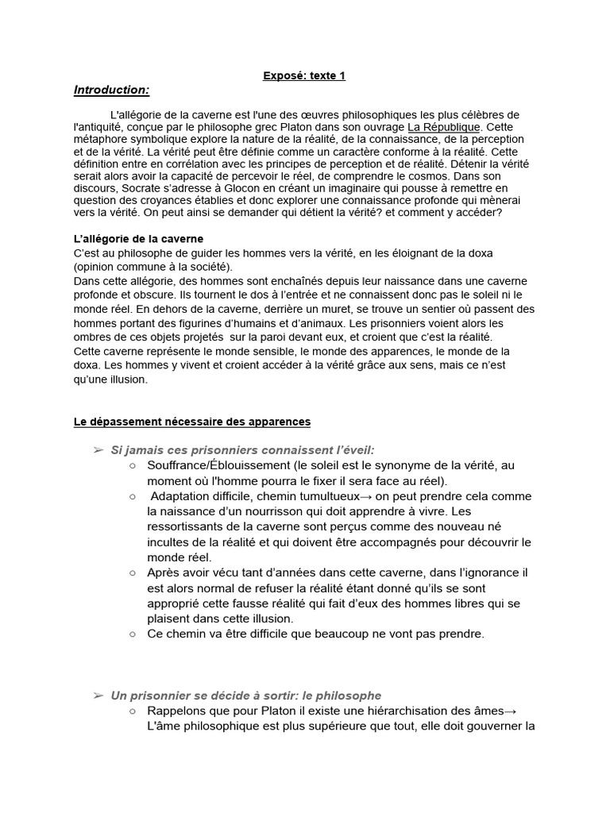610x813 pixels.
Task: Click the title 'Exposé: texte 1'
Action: coord(304,76)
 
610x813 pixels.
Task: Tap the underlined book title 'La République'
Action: coord(443,127)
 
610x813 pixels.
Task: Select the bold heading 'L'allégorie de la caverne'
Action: coord(138,239)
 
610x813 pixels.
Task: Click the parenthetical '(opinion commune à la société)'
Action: coord(148,267)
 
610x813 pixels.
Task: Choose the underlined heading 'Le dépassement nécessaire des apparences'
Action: coord(191,422)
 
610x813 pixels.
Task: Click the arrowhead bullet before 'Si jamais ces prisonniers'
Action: coord(98,450)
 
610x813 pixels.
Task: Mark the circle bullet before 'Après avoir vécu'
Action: coord(132,572)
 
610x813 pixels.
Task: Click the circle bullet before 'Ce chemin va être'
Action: coord(132,634)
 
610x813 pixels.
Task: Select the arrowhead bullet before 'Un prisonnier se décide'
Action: coord(98,695)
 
